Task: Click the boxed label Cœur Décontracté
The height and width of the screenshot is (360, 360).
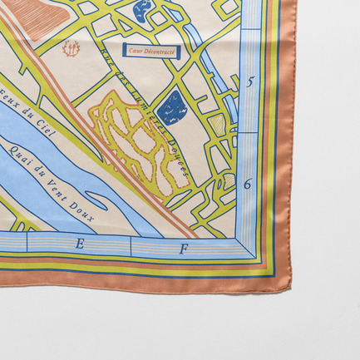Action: point(142,51)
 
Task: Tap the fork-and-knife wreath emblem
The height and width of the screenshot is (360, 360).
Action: point(72,49)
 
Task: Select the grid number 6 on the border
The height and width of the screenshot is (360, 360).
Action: point(248,184)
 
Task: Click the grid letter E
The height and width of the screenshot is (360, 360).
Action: point(81,244)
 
